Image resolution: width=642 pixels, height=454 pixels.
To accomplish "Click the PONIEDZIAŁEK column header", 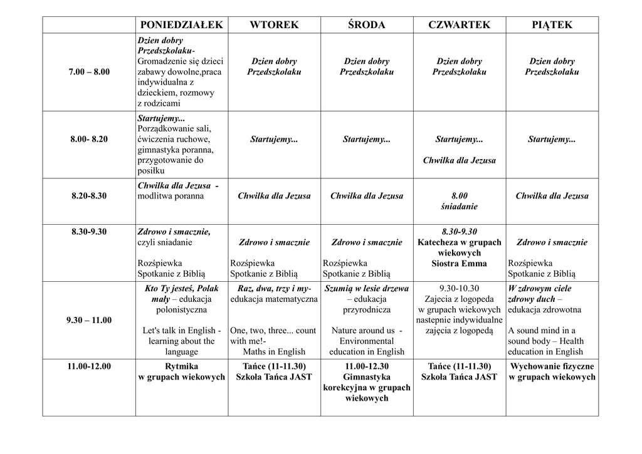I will click(x=182, y=24).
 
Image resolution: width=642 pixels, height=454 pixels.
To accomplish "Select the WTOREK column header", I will click(x=274, y=24).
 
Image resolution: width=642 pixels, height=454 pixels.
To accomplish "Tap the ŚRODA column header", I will click(x=367, y=24).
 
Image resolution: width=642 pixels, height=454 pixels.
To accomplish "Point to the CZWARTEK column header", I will click(x=459, y=24).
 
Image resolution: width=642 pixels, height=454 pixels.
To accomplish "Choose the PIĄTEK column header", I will click(x=552, y=24).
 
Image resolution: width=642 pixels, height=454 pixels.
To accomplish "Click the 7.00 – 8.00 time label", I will click(x=88, y=72).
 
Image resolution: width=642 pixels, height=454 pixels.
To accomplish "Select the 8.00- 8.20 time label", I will click(x=88, y=139).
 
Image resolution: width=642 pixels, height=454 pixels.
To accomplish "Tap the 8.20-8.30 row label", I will click(x=88, y=195).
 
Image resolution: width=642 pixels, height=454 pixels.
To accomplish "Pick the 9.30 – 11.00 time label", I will click(x=88, y=320).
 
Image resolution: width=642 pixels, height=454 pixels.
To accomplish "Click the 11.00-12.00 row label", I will click(x=88, y=366).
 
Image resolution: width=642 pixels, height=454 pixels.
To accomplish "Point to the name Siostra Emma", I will click(x=459, y=263).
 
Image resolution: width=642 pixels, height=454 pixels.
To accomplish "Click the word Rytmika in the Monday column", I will click(x=182, y=366).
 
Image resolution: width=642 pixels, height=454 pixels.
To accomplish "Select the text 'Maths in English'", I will click(x=274, y=351).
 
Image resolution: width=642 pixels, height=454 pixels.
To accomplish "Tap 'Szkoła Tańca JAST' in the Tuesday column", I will click(x=274, y=376).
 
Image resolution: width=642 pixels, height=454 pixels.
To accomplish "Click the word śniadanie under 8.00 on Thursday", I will click(x=459, y=206).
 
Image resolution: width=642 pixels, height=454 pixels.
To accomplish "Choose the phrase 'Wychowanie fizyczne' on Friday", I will click(x=552, y=366).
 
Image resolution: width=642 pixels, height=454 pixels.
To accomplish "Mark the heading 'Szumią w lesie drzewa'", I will click(x=367, y=289).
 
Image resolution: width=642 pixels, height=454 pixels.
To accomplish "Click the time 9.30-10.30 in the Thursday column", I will click(x=459, y=289).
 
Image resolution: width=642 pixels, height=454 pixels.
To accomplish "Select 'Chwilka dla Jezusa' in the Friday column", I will click(x=552, y=195).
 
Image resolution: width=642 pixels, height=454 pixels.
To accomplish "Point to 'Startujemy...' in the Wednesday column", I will click(x=367, y=139).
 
